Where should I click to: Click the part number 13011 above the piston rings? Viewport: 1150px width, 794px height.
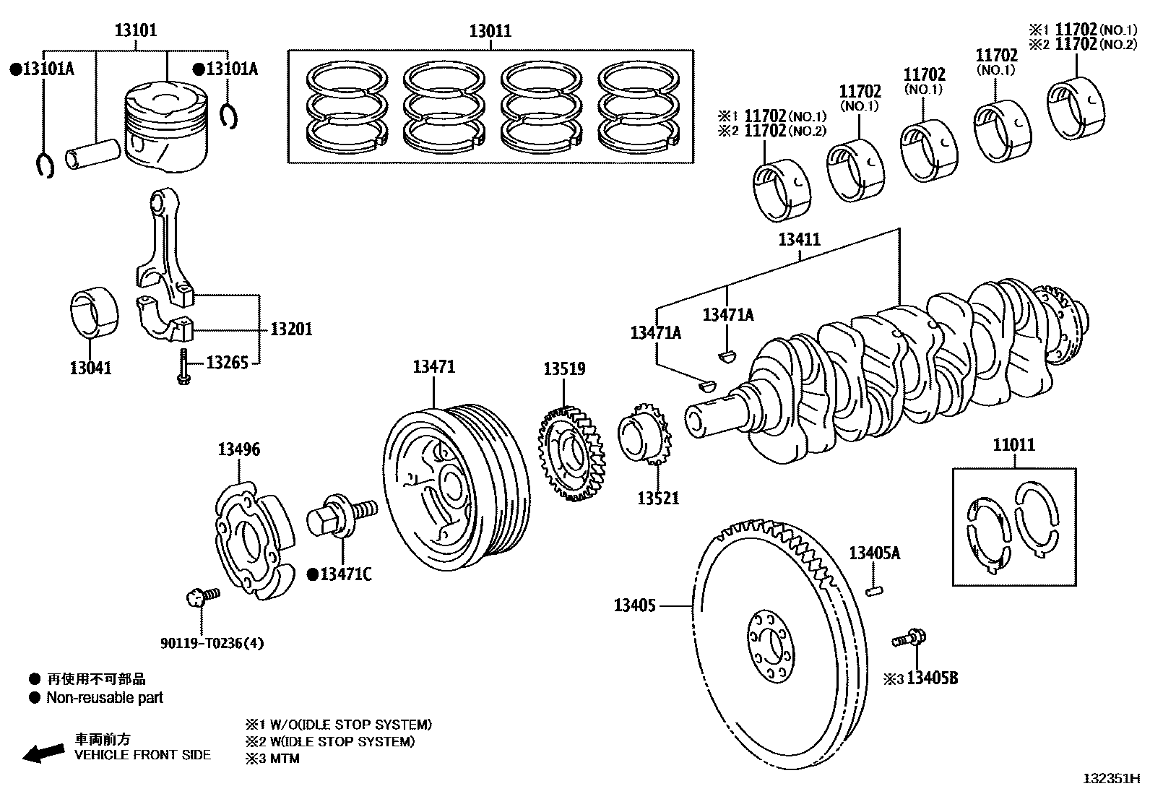coord(490,31)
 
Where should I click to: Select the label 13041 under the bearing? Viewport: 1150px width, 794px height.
coord(90,368)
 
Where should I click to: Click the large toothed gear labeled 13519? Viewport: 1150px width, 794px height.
coord(571,455)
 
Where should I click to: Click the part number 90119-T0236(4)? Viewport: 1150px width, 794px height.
coord(212,643)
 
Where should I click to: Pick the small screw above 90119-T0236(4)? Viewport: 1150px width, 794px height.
coord(202,596)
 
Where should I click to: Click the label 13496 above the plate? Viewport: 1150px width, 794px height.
coord(239,449)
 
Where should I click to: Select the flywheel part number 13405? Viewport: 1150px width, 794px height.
coord(634,605)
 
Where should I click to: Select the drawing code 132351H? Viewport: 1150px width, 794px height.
coord(1110,779)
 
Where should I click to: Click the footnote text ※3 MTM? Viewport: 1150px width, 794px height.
coord(272,759)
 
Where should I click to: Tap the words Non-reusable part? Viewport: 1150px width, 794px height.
coord(105,698)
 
